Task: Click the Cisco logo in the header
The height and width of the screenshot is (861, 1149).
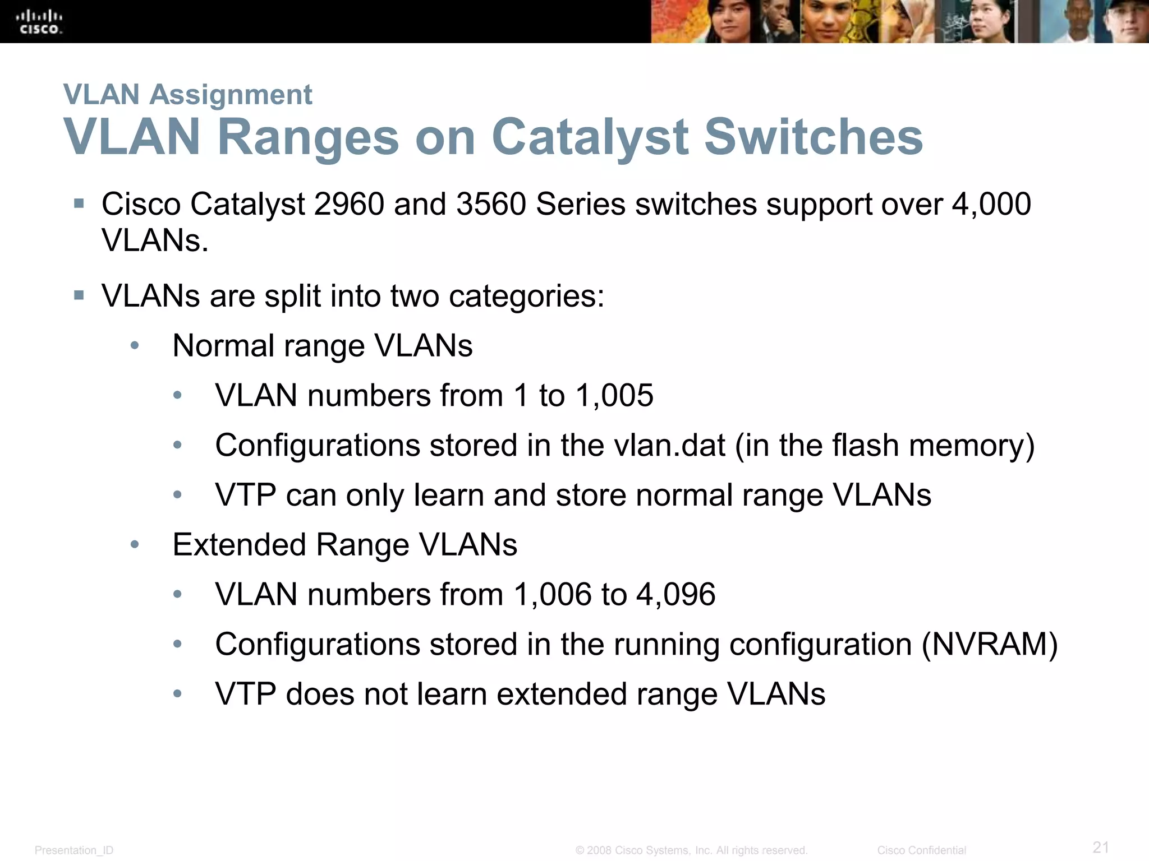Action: coord(39,22)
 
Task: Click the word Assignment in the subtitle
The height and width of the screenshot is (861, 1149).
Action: coord(231,94)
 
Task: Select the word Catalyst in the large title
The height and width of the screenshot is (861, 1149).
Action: coord(590,138)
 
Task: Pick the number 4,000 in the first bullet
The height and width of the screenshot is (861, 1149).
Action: coord(991,204)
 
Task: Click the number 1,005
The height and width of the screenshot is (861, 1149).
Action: coord(614,395)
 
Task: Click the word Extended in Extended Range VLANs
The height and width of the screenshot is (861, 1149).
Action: coord(239,545)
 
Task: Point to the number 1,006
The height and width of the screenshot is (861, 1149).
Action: coord(552,594)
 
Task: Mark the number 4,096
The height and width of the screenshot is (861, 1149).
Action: coord(675,594)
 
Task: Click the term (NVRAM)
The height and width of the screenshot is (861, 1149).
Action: coord(990,644)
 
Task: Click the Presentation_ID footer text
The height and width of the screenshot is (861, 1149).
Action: coord(74,850)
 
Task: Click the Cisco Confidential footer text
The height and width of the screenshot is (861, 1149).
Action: coord(921,850)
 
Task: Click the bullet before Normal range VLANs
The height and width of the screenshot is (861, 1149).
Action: coord(135,346)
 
